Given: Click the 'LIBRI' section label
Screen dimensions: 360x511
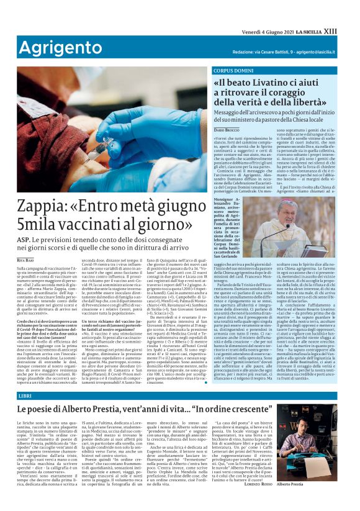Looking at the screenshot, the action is pyautogui.click(x=25, y=396).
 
